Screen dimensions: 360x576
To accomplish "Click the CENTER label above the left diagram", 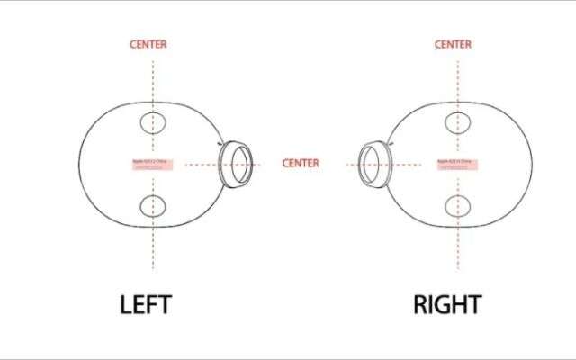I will coord(148,44).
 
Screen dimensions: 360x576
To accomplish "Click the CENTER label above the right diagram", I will coord(453,44).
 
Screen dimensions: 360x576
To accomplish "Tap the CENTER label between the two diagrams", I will coord(301,164).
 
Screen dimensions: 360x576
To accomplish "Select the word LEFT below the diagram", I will coord(145,305).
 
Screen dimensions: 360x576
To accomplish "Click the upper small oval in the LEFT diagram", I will coord(152,122).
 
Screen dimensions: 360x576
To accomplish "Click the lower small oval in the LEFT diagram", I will coord(152,206).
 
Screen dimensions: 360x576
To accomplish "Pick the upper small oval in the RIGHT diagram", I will coord(457,122).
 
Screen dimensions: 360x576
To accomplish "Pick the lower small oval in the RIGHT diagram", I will coord(457,206).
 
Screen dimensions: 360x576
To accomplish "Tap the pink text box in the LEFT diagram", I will coord(149,165).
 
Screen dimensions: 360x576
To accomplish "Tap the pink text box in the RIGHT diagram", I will coord(457,165).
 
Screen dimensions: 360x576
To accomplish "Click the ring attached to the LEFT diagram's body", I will coord(238,163).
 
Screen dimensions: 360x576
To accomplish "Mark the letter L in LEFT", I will coord(127,305).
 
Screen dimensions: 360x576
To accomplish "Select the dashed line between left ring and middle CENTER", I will coord(267,164).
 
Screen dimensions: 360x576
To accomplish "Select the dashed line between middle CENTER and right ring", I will coord(340,164).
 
